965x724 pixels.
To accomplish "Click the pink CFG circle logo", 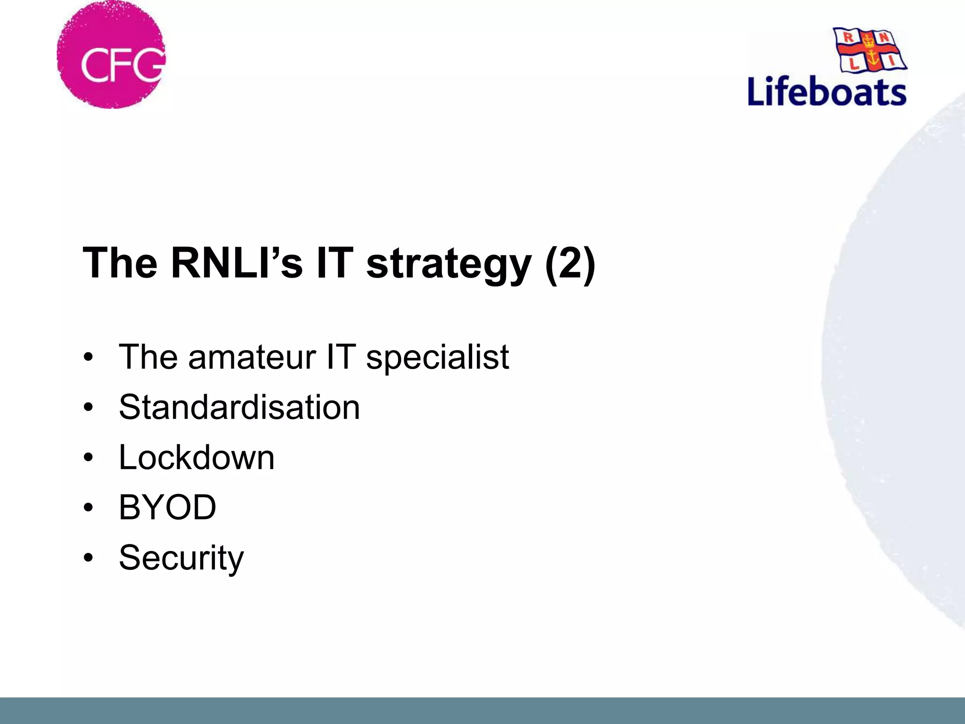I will coord(111,55).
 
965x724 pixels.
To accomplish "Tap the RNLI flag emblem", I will coord(870,49).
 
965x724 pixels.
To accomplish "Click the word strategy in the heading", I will coord(449,264).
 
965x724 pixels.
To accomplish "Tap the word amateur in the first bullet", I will coord(252,357).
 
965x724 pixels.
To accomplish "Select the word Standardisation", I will coord(239,407).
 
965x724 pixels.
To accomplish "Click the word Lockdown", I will coord(196,457).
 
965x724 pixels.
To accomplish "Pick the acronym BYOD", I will coord(168,508).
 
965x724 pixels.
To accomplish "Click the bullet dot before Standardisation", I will coord(88,407).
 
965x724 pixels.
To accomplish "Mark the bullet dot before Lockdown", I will coord(88,458).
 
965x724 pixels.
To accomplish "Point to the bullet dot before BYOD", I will coord(88,508).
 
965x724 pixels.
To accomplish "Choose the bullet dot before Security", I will coord(88,558).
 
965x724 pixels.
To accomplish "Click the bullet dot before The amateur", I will coord(88,357).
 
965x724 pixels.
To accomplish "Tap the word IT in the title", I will coord(335,263).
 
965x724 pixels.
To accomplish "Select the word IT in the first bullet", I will coord(341,357).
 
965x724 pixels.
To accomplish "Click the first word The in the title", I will coord(120,263).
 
